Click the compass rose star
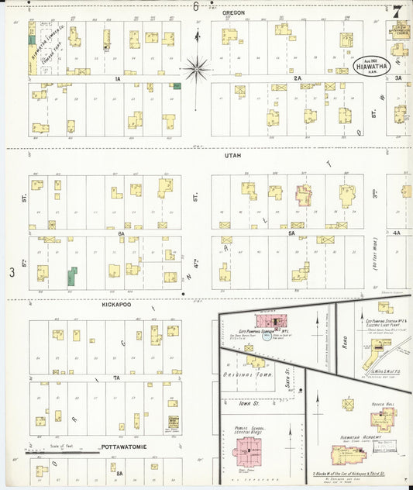[197, 70]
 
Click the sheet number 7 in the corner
[397, 11]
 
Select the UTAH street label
[232, 156]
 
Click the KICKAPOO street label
[114, 305]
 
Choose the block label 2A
[298, 78]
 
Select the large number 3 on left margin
[12, 272]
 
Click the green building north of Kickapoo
[72, 276]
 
